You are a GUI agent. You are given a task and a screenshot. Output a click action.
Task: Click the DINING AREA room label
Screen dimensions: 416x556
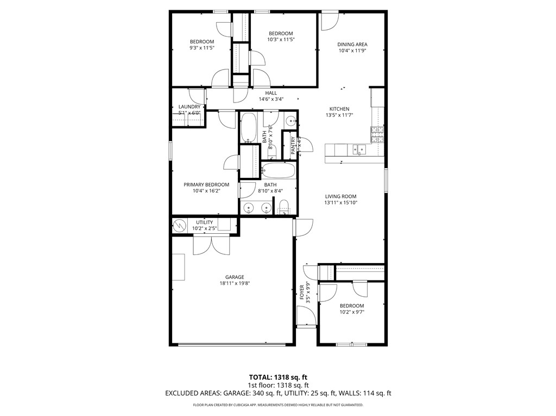[x=352, y=44]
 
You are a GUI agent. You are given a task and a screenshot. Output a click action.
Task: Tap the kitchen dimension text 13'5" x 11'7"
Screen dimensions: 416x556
[x=337, y=116]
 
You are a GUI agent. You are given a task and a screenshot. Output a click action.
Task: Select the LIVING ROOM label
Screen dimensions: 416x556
[x=340, y=196]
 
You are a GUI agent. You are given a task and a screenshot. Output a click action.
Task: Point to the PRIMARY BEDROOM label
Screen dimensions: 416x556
[x=206, y=184]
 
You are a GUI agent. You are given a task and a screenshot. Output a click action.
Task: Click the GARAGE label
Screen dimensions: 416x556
[x=235, y=277]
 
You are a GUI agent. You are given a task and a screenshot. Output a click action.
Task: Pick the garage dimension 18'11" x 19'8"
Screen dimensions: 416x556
[x=235, y=283]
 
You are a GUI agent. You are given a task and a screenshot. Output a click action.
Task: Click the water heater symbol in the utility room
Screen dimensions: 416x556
[x=179, y=225]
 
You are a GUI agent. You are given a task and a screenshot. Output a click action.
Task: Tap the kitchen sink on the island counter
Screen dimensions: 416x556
[x=358, y=150]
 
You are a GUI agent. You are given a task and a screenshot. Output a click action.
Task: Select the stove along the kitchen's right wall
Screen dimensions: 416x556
[x=377, y=131]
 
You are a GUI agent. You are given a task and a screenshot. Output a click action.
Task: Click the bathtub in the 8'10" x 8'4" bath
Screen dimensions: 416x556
[x=279, y=171]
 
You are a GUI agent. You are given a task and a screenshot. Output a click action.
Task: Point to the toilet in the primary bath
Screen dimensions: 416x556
[x=283, y=207]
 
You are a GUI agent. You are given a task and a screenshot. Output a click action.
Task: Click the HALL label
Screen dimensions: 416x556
[x=271, y=93]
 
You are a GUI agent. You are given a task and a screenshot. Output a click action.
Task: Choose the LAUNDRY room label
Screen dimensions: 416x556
[x=189, y=107]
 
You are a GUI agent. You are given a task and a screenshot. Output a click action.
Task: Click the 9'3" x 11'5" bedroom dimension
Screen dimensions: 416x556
[x=201, y=48]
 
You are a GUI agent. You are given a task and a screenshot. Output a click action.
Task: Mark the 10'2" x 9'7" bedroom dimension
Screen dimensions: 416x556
[x=351, y=312]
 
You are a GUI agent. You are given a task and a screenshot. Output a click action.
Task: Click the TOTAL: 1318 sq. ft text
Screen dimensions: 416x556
[x=277, y=376]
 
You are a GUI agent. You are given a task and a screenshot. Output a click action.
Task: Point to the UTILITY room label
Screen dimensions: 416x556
[x=205, y=222]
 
